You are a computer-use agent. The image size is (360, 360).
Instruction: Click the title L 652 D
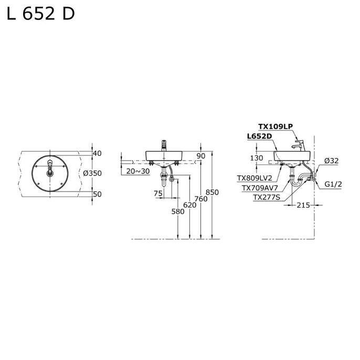[x=40, y=14]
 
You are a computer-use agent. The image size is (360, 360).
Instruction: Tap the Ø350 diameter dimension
[x=92, y=173]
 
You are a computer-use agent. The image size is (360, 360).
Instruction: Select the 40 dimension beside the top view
[x=97, y=153]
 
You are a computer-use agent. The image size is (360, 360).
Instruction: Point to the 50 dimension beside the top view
[x=97, y=194]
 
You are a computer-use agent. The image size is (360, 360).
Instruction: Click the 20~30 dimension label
[x=138, y=171]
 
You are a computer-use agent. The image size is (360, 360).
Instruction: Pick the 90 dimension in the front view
[x=200, y=156]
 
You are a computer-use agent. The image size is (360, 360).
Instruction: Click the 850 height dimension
[x=212, y=193]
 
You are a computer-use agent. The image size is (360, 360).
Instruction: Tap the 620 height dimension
[x=190, y=205]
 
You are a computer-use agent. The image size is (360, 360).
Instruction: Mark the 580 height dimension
[x=178, y=211]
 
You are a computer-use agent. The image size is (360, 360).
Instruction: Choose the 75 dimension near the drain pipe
[x=158, y=193]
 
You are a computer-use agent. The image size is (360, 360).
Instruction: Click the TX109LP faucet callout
[x=275, y=126]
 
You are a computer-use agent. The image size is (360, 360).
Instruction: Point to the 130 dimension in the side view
[x=256, y=158]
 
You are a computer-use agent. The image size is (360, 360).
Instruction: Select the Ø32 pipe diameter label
[x=331, y=161]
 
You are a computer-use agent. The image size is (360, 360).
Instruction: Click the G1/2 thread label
[x=333, y=184]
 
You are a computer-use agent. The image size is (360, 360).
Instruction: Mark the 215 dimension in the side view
[x=303, y=205]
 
